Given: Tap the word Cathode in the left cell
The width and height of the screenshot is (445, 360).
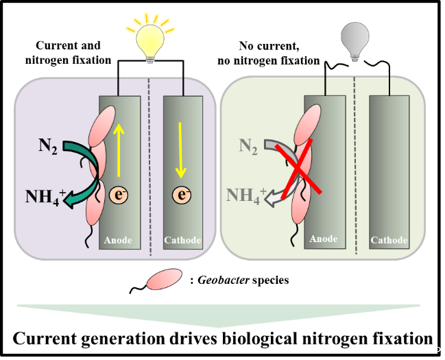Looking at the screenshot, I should pos(182,241).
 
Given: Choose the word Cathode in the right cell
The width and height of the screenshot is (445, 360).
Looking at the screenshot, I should pos(389,241).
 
